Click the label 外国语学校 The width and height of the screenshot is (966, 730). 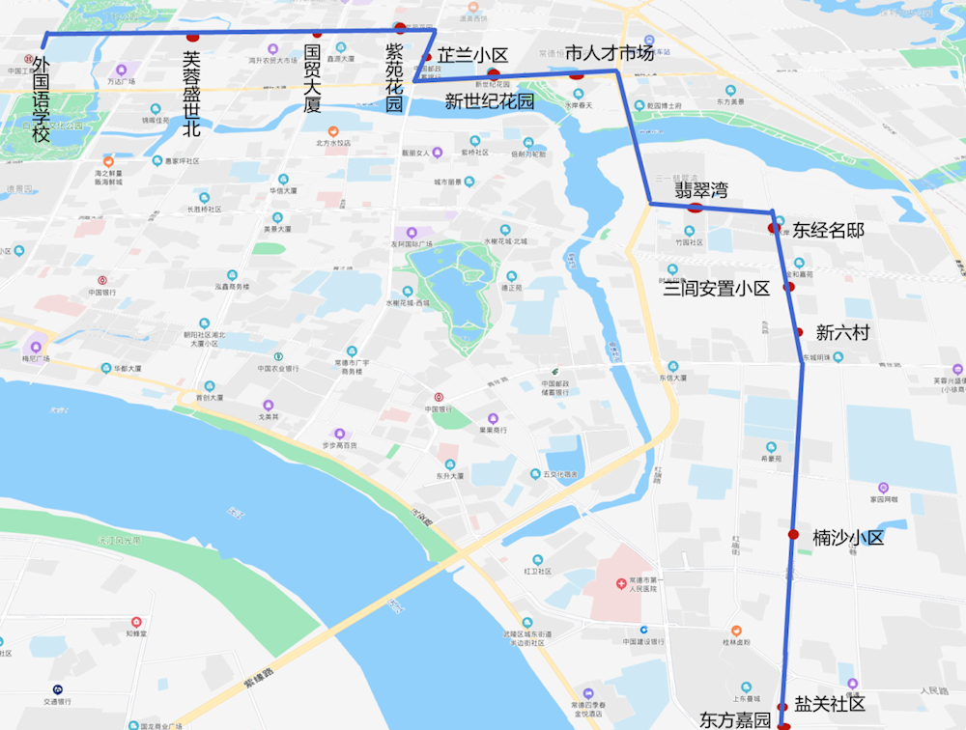pos(41,99)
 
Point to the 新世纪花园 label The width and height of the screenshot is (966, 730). pos(489,101)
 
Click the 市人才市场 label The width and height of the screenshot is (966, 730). pos(610,52)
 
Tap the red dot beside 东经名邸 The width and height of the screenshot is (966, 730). pos(772,228)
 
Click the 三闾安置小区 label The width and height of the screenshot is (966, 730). pos(716,288)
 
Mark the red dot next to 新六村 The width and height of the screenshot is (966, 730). pos(799,332)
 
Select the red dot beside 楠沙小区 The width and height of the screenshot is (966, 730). pos(792,534)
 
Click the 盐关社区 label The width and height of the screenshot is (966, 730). pos(830,703)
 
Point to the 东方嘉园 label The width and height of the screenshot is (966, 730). pos(735,720)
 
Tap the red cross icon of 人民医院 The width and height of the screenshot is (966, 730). pos(622,585)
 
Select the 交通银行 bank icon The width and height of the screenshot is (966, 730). pos(58,689)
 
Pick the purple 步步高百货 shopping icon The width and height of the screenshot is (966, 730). pos(339,434)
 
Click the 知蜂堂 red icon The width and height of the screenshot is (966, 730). pos(136,622)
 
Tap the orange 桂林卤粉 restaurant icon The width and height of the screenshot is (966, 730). pos(736,630)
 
